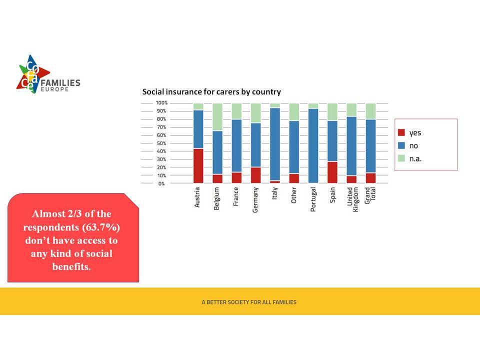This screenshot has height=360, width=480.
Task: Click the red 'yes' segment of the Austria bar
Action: [x=198, y=165]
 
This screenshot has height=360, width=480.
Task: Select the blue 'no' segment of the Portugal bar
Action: [x=313, y=145]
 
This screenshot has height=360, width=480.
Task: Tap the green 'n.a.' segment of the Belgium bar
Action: [x=217, y=117]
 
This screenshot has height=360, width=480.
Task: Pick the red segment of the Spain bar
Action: [x=332, y=172]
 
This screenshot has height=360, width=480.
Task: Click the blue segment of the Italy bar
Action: [x=275, y=144]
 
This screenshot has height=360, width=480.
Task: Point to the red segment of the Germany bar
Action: [x=256, y=175]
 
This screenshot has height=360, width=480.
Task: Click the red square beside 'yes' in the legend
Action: [x=401, y=132]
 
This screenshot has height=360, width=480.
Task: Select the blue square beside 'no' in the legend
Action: [x=401, y=145]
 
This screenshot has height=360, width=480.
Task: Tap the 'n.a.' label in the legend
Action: [x=415, y=159]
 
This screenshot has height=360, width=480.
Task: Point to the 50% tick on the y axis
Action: [x=161, y=143]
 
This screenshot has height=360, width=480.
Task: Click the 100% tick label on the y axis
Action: [x=161, y=103]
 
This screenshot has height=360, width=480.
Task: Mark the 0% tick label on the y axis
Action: [x=161, y=183]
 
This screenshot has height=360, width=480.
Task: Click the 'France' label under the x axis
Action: [x=235, y=196]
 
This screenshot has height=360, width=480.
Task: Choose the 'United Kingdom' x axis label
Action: [x=352, y=199]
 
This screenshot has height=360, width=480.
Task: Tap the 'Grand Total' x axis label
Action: [x=370, y=195]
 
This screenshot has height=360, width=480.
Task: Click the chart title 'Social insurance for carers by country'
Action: [x=211, y=92]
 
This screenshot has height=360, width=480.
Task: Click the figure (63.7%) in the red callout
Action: [x=101, y=227]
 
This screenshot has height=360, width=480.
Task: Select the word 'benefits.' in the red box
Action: [x=71, y=266]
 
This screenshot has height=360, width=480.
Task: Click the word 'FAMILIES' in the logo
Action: [x=60, y=82]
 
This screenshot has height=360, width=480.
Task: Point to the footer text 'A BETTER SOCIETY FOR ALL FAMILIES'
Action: [x=249, y=302]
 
